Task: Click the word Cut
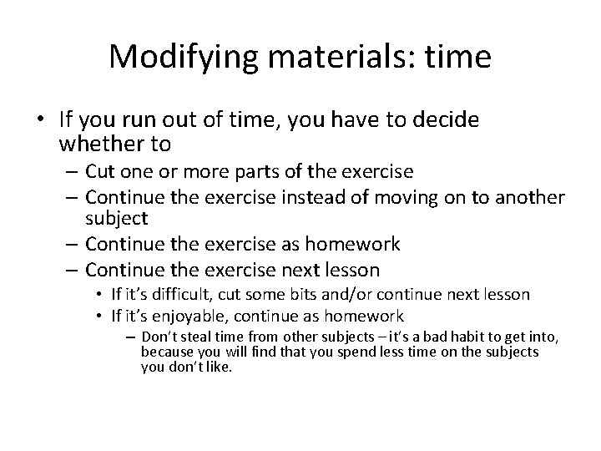tap(102, 172)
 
